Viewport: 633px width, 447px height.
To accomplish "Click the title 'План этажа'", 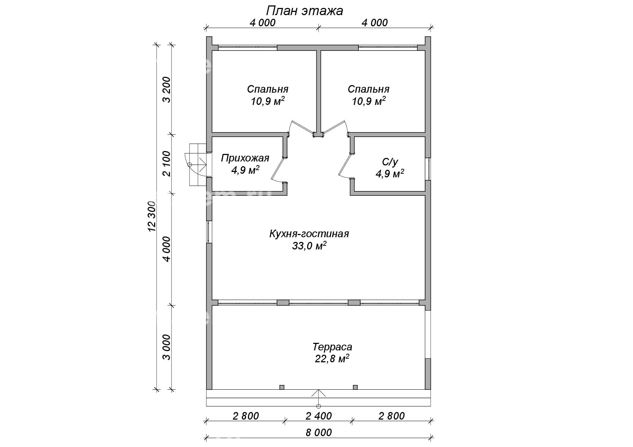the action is (x=305, y=11).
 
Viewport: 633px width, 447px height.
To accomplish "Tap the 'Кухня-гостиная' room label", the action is (x=309, y=234).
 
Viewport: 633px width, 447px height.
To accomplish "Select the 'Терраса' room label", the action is (x=332, y=347).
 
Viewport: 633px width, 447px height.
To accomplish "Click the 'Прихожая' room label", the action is (x=245, y=158).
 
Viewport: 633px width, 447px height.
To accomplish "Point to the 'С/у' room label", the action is (x=390, y=162).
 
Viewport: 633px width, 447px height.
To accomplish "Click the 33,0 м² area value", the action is (x=309, y=246).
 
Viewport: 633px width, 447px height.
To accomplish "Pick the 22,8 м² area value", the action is (x=332, y=359).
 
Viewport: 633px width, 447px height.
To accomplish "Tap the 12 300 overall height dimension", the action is (x=152, y=216).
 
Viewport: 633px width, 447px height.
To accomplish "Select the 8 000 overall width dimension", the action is (x=319, y=432).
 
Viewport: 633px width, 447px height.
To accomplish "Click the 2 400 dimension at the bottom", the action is (x=319, y=416).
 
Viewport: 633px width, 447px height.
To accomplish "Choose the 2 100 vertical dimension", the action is (x=167, y=163).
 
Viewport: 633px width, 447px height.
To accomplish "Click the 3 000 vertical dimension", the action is (x=167, y=347).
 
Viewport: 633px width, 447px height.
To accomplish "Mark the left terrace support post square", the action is (x=282, y=387).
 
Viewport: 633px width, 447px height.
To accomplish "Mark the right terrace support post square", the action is (x=355, y=387).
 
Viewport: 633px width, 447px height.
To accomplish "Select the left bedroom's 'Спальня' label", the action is (x=268, y=89).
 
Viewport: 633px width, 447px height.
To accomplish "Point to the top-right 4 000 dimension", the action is (x=374, y=23).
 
